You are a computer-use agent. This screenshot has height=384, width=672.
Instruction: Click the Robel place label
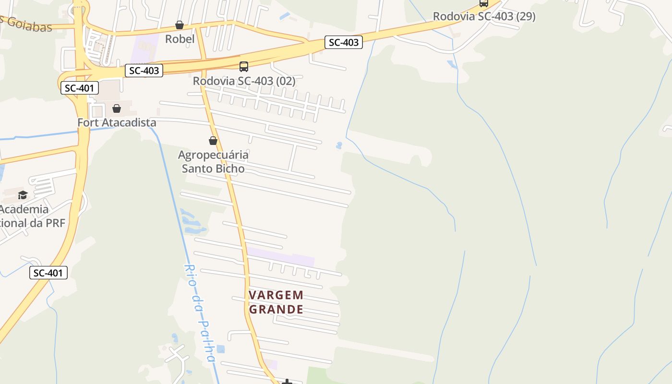tap(180, 39)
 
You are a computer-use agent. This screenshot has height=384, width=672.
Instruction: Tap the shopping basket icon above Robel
tap(180, 25)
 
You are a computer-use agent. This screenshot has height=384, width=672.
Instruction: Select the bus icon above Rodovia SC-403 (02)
tap(244, 67)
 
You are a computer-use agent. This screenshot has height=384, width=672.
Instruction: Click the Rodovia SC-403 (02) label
tap(244, 81)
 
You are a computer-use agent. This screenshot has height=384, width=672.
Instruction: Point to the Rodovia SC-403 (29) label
tap(484, 16)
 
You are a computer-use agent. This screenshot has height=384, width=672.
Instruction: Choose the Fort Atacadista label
tap(117, 122)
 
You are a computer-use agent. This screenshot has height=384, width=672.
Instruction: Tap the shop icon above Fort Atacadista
tap(117, 109)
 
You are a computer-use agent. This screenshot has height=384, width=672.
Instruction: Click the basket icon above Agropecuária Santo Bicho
tap(213, 141)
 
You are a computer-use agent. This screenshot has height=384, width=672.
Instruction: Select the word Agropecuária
tap(213, 155)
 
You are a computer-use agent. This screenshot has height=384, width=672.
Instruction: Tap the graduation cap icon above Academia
tap(23, 195)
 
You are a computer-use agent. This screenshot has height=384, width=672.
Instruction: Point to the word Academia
tap(24, 209)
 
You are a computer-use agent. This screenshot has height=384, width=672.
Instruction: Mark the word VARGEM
tap(276, 295)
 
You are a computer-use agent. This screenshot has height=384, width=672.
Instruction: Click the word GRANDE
tap(276, 309)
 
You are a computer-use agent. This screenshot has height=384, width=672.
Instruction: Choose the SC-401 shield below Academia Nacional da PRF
tap(48, 273)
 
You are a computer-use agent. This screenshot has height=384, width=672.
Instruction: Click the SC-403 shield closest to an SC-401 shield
tap(144, 71)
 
